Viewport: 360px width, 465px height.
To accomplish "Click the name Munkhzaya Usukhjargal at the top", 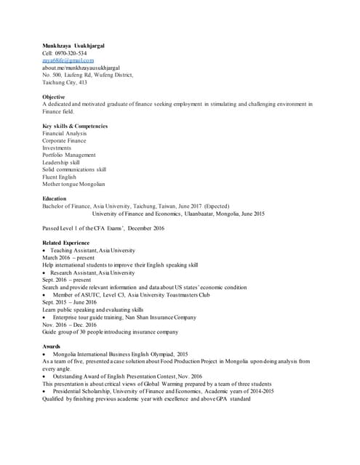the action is (x=73, y=46).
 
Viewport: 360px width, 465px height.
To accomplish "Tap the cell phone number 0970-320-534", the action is (x=71, y=53).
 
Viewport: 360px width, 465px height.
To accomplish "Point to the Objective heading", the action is (x=53, y=97).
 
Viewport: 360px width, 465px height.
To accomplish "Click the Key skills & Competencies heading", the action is (x=75, y=126).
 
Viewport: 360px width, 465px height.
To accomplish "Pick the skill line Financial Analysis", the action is (x=64, y=134).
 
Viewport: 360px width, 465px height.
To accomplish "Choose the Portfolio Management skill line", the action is (x=69, y=155).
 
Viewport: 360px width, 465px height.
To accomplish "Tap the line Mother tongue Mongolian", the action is (x=73, y=184).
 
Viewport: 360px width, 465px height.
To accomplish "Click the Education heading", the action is (x=55, y=198).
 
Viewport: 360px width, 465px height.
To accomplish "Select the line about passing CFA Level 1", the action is (x=103, y=228).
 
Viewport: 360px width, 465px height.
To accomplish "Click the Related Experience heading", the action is (x=65, y=243).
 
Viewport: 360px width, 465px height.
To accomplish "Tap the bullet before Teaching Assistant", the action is (x=44, y=251).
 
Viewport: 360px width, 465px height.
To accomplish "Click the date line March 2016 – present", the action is (x=68, y=257).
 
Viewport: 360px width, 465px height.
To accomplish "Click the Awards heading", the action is (x=52, y=346).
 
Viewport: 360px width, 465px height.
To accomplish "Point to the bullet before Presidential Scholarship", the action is (x=44, y=392).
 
